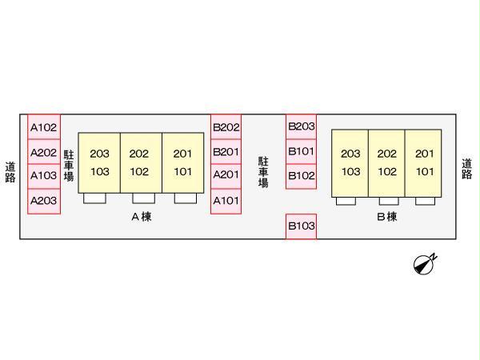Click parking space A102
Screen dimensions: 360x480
43,127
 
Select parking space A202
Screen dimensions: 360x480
43,152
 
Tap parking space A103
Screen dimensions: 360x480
43,176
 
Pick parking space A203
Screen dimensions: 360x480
43,201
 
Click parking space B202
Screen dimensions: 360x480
226,127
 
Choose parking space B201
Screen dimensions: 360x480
226,152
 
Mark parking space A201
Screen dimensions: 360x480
226,176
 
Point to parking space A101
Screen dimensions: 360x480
226,201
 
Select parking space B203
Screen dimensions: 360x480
302,126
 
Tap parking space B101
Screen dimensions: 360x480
302,151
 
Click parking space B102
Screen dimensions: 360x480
302,176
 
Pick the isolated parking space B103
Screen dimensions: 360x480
302,226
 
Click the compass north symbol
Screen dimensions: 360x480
425,263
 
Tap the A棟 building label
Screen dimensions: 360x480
141,217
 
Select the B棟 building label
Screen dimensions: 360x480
386,217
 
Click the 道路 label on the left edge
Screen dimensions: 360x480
10,172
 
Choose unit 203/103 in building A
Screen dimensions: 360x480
99,162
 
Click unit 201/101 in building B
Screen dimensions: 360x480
424,162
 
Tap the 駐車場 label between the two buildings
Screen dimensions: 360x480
262,172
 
